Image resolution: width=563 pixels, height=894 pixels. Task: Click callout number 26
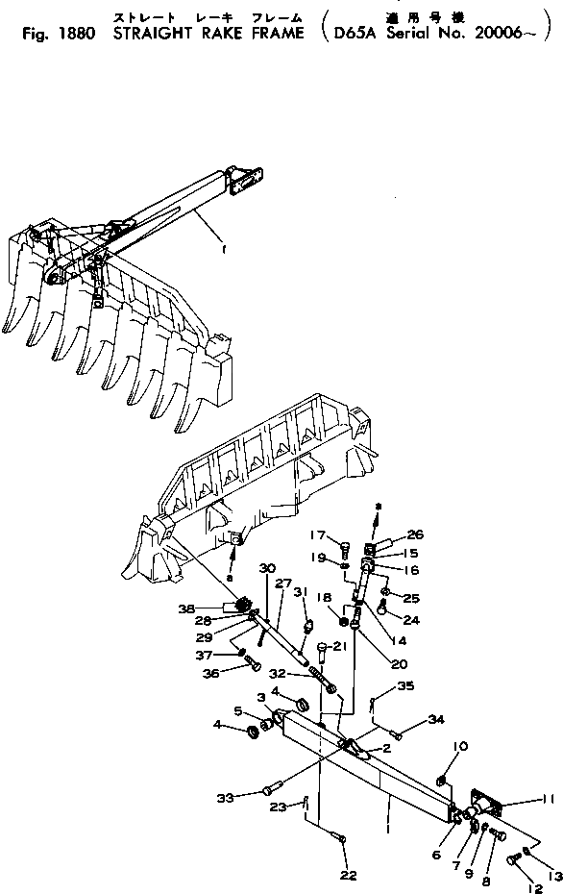414,535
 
